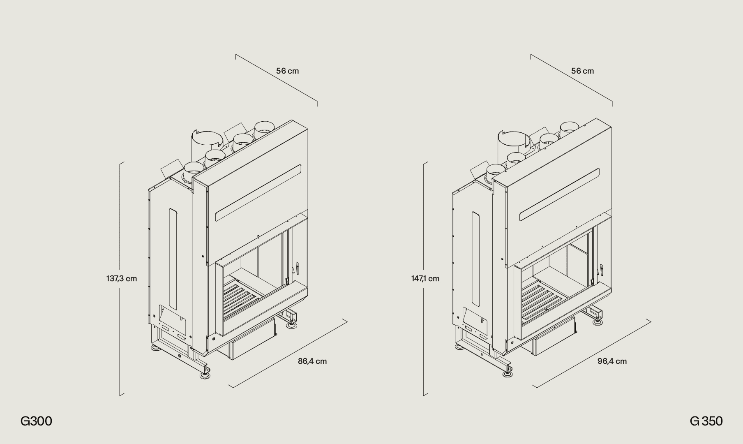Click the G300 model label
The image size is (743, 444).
36,421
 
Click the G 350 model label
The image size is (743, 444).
706,421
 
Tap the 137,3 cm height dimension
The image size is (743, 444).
122,279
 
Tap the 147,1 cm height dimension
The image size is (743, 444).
425,279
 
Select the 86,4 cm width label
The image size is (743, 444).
312,361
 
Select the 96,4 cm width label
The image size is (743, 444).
612,361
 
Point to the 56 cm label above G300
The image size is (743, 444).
288,71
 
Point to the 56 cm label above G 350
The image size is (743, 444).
582,71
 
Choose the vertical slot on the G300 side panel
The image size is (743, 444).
173,259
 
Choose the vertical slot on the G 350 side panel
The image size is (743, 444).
475,259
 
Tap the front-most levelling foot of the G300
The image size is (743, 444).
205,375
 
